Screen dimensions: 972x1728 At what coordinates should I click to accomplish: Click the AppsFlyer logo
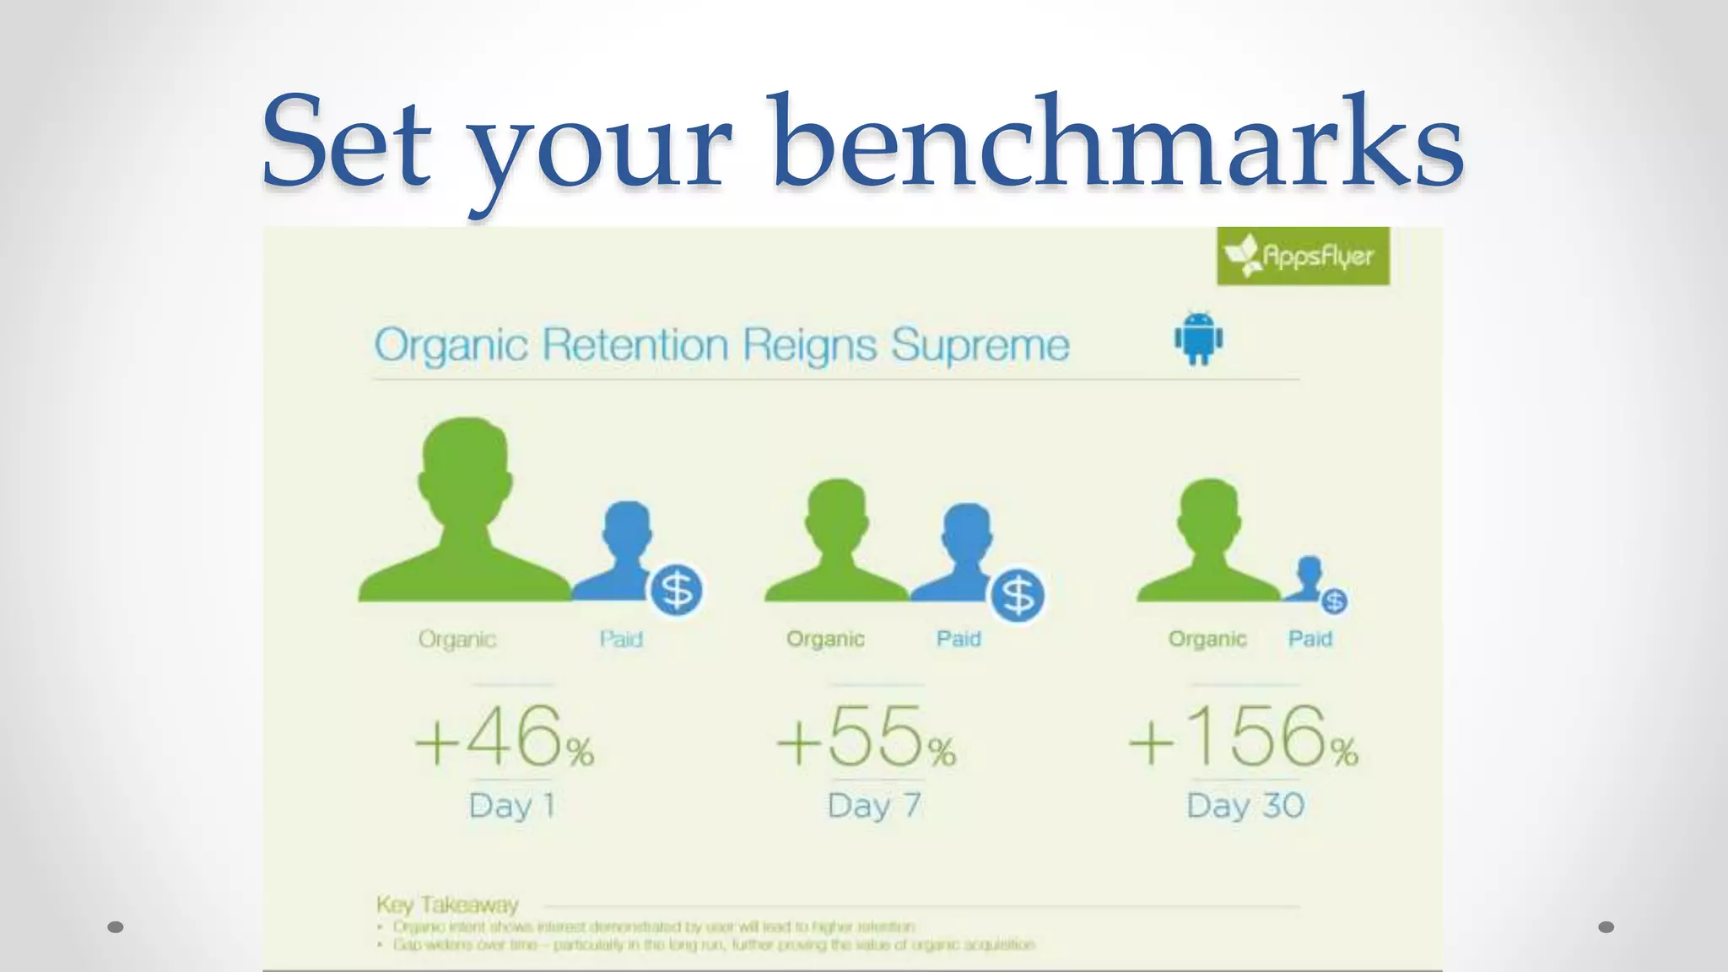tap(1303, 256)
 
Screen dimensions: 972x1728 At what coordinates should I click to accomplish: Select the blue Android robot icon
tap(1198, 339)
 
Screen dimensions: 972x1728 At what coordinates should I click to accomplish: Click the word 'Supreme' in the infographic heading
tap(980, 345)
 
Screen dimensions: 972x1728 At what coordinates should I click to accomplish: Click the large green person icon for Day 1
tap(465, 515)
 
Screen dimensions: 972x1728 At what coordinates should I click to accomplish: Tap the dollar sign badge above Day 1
tap(677, 590)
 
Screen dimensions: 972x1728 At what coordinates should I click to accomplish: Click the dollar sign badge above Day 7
tap(1018, 596)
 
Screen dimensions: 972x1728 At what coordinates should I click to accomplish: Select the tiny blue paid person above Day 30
tap(1309, 579)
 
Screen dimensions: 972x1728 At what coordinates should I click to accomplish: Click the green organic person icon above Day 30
tap(1209, 541)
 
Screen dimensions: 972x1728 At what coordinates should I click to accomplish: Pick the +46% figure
tap(504, 738)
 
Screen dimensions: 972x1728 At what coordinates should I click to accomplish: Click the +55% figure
tap(866, 738)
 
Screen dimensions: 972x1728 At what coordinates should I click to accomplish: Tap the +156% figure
tap(1242, 738)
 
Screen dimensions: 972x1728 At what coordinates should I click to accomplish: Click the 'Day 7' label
tap(873, 806)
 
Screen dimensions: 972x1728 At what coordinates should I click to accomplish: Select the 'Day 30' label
tap(1245, 806)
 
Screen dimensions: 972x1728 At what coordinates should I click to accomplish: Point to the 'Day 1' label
tap(511, 806)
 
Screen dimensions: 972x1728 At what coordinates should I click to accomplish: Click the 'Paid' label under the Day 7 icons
tap(958, 639)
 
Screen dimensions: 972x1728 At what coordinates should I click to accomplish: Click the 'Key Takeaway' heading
tap(447, 905)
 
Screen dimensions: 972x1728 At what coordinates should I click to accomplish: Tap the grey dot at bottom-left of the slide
tap(116, 927)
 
